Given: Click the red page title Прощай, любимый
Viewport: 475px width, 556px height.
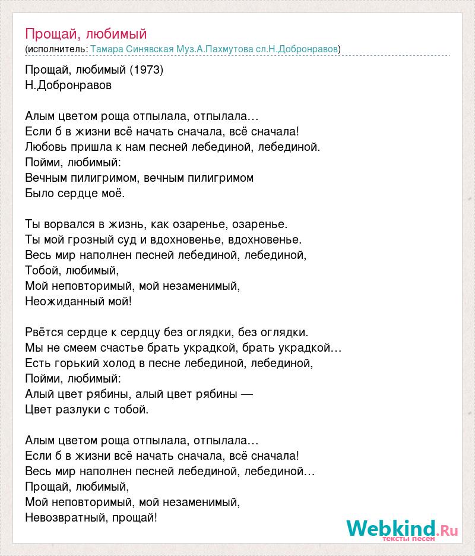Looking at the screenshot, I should click(x=85, y=34).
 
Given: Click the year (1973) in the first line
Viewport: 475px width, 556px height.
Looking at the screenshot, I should click(x=146, y=69).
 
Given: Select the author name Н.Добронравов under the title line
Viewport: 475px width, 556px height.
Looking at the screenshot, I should click(x=69, y=85).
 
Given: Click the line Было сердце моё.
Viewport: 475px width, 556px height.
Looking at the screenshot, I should click(x=75, y=193).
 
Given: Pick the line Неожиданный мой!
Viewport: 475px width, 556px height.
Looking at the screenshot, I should click(x=78, y=301).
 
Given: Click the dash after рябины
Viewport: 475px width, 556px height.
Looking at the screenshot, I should click(x=248, y=394).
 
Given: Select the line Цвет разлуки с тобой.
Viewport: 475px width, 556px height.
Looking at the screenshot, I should click(x=87, y=409).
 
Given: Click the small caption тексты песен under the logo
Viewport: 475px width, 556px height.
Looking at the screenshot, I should click(x=409, y=539).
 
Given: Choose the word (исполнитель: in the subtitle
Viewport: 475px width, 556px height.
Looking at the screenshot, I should click(x=57, y=49).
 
